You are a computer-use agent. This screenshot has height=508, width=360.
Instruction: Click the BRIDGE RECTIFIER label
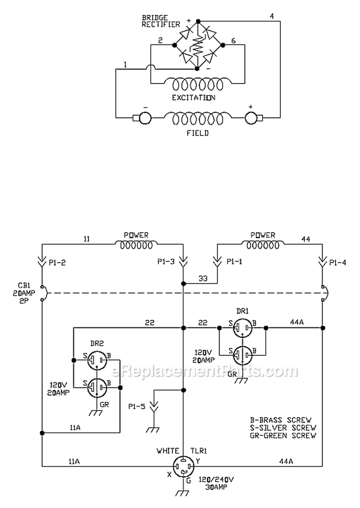coord(161,21)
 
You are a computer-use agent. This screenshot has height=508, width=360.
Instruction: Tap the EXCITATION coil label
coord(193,97)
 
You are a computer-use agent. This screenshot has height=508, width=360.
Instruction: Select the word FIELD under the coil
coord(197,133)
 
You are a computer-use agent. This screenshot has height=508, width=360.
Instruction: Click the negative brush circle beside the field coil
coord(145,118)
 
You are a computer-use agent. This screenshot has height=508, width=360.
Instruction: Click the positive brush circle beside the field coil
coord(251,118)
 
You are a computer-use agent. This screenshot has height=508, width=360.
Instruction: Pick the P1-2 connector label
coord(57,263)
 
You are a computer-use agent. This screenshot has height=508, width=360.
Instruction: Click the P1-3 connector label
coord(166,262)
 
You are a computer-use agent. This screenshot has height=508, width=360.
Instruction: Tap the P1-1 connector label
coord(234,262)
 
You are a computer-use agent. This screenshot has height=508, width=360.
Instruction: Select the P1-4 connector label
coord(337,263)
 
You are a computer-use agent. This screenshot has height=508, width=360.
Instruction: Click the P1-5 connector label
coord(137,406)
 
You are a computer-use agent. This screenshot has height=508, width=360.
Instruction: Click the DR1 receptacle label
coord(242,311)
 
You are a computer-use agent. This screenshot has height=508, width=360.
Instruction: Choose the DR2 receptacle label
coord(97,343)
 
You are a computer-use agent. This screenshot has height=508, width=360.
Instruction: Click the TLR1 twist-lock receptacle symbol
coord(183,467)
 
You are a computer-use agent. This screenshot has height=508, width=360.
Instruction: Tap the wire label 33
coord(203,278)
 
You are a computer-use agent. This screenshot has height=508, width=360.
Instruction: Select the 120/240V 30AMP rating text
coord(216,483)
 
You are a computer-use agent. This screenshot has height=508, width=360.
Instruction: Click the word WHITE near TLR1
coord(168,451)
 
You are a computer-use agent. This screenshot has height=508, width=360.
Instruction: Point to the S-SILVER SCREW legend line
coord(283,428)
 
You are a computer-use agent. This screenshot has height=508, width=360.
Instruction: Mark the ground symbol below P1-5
coord(153,430)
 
